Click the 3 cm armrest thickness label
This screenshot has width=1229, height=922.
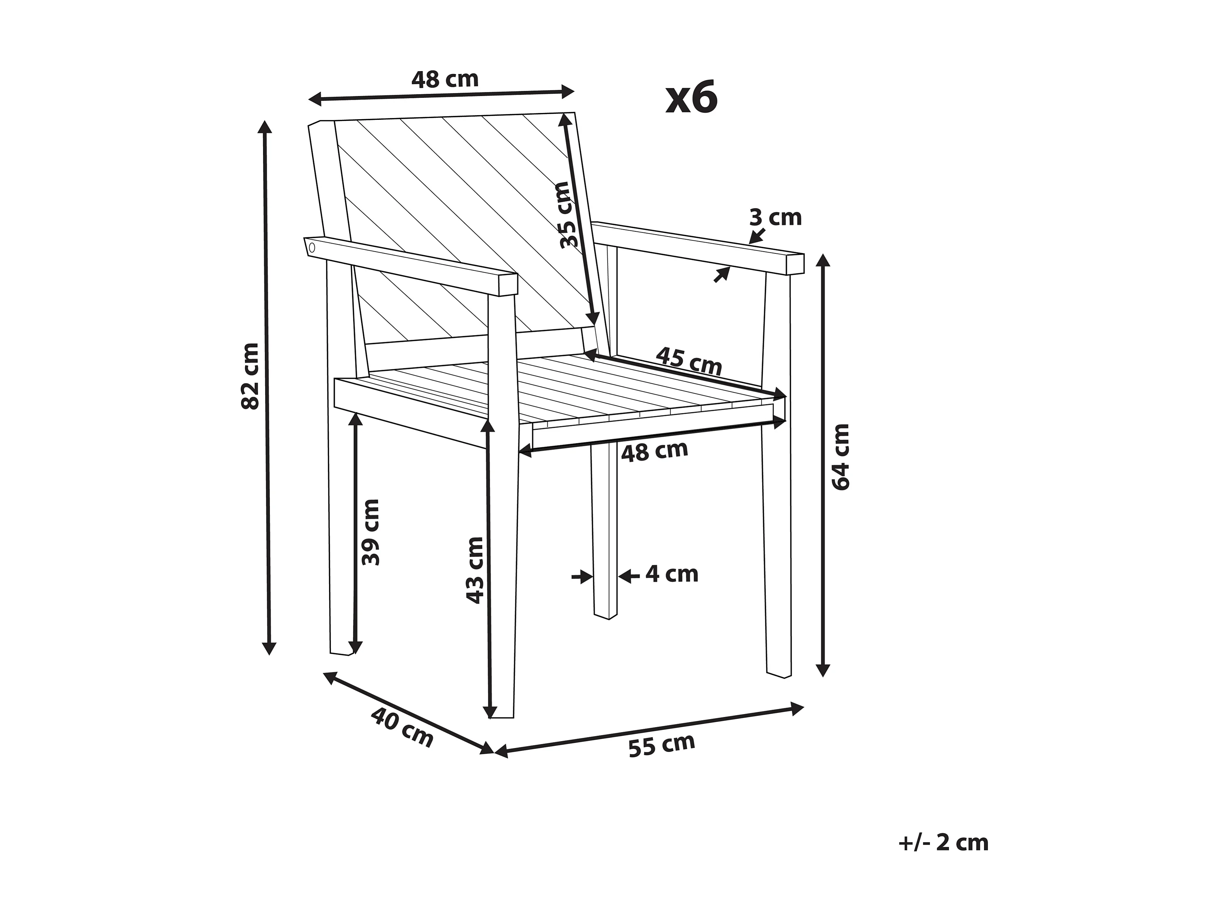click(x=776, y=217)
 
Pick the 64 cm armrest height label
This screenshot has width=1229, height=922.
click(x=841, y=457)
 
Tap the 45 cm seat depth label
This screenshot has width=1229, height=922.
click(x=689, y=361)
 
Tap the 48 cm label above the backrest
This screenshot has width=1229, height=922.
click(x=445, y=79)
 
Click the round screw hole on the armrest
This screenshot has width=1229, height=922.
click(x=312, y=247)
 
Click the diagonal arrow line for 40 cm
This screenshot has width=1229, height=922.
click(x=408, y=713)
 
